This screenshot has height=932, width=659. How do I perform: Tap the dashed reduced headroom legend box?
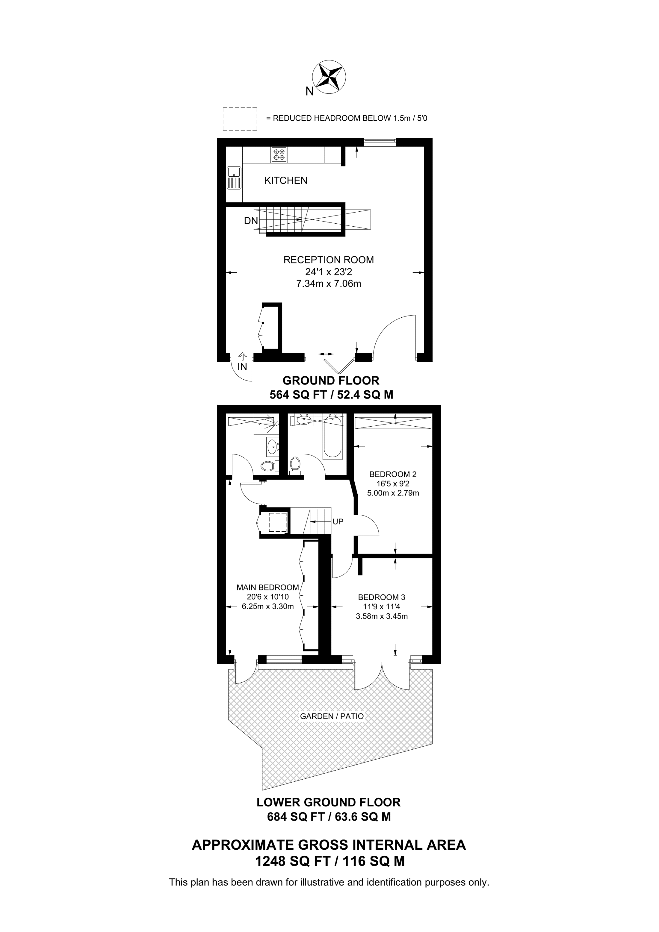point(240,119)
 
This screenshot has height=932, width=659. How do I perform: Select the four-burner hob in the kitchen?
point(279,155)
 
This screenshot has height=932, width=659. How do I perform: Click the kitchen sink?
point(234,178)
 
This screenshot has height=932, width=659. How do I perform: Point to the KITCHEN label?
point(286,181)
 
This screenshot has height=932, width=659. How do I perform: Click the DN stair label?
point(250,221)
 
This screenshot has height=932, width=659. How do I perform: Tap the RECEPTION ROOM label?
point(329,260)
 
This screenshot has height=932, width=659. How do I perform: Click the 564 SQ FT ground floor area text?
point(298,395)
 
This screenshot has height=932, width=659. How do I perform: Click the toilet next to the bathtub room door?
point(295,466)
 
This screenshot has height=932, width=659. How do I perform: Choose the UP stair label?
point(338,522)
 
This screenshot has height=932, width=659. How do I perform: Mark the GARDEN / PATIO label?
point(332,716)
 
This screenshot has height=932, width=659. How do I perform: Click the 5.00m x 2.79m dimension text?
point(393,493)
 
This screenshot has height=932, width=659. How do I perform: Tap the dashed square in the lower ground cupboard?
point(278,522)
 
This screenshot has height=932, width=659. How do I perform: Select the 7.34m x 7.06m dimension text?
point(329,284)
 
